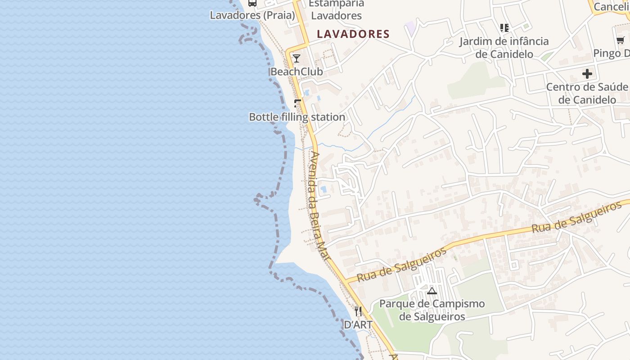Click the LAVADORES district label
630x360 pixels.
click(353, 34)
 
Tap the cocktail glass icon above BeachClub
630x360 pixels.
click(296, 58)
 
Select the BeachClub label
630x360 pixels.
click(297, 72)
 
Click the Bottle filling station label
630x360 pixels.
click(297, 117)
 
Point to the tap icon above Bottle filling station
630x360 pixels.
click(297, 103)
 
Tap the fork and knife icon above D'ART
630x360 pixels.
click(358, 311)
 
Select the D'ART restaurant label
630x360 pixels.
click(358, 324)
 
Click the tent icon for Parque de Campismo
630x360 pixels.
click(432, 291)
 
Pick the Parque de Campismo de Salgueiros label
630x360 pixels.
click(432, 310)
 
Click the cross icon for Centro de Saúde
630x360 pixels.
click(587, 73)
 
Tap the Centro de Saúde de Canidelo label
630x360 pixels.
click(587, 93)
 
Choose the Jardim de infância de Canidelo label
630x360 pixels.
click(504, 48)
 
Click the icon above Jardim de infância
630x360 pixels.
click(504, 28)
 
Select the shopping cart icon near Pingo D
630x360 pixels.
click(621, 40)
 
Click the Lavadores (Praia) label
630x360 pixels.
click(252, 15)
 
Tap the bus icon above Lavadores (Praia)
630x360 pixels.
click(252, 3)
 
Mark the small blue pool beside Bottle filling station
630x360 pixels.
click(307, 93)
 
